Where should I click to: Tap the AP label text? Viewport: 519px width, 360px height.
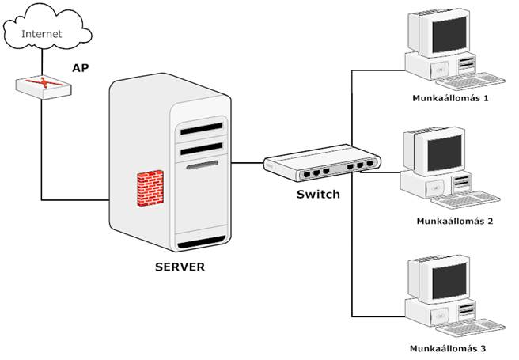click(80, 68)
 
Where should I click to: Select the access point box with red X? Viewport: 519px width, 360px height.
click(43, 86)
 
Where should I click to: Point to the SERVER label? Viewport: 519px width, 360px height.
click(179, 267)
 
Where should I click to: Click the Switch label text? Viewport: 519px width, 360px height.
click(318, 194)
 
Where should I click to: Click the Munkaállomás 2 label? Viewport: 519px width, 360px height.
click(454, 221)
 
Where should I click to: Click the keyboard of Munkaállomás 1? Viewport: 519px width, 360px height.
click(478, 81)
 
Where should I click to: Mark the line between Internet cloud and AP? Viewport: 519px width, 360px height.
click(42, 62)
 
